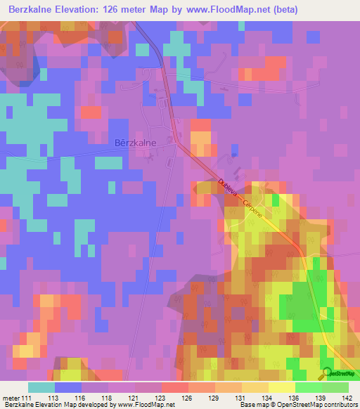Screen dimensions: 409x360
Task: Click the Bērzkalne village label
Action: coord(134,142)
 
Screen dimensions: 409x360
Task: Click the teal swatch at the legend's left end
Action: coord(41,387)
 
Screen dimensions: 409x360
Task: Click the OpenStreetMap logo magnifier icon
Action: coord(326,372)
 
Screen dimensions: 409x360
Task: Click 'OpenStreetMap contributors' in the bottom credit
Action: coord(321,405)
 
